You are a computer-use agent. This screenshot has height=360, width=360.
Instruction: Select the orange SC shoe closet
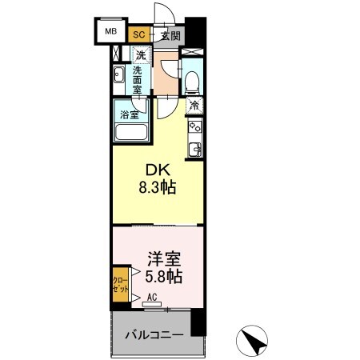click(138, 35)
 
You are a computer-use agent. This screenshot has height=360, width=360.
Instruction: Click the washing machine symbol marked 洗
click(140, 56)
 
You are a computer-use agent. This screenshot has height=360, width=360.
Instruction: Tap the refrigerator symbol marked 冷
click(194, 105)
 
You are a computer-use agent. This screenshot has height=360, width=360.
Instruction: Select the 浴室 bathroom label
click(129, 114)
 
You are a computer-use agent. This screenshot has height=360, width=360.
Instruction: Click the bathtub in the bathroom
click(130, 130)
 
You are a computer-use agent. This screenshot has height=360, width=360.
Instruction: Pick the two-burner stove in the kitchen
click(194, 126)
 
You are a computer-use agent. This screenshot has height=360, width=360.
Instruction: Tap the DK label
click(156, 170)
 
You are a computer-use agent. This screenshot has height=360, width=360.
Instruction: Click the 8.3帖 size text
click(156, 189)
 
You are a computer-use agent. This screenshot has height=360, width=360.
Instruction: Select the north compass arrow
click(258, 342)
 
